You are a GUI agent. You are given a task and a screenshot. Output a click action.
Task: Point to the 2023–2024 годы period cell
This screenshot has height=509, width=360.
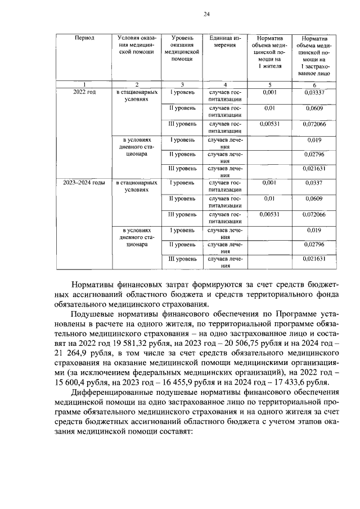coord(85,183)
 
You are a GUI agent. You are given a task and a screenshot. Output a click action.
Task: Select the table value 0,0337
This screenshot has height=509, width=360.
coord(314,183)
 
